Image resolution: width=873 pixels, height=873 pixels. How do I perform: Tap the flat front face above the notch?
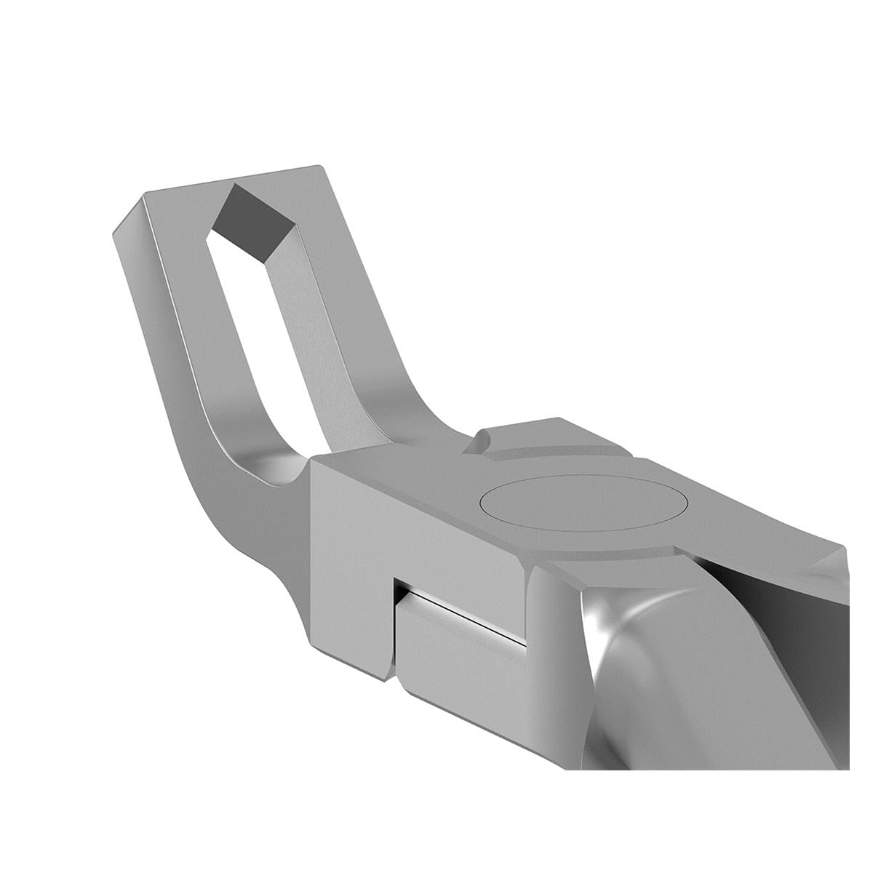click(x=415, y=524)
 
